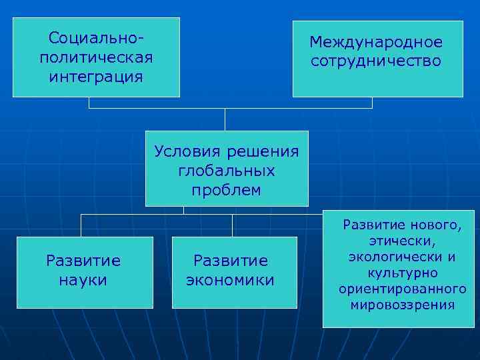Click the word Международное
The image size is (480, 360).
376,42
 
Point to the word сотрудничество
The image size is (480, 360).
376,61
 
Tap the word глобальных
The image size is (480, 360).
227,171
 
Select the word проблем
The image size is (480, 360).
227,190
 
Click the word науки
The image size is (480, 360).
83,280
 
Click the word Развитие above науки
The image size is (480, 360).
83,261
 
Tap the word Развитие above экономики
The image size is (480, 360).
231,261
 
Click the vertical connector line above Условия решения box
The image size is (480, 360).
225,119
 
